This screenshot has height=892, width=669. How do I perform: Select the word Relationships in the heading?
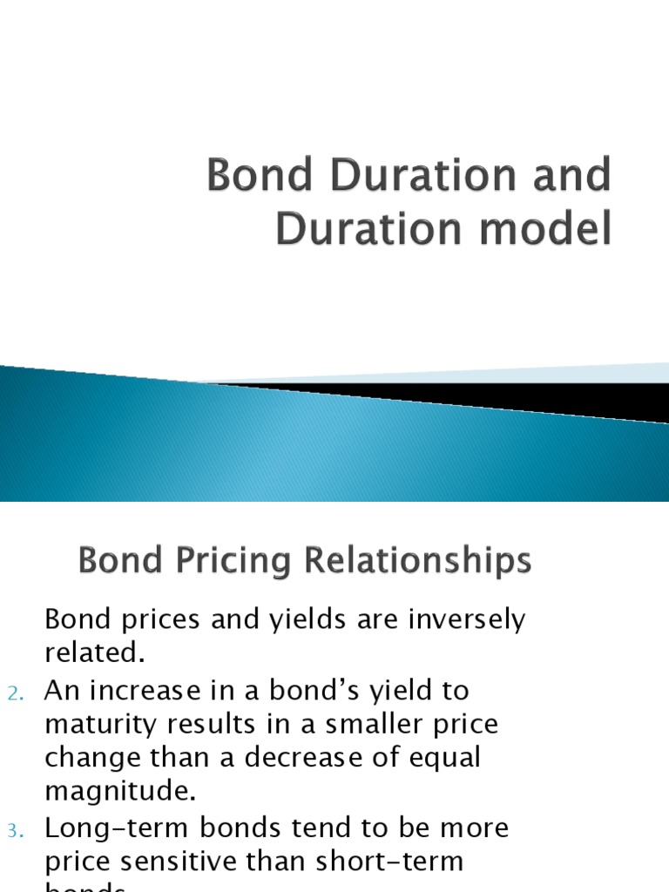pos(416,560)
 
